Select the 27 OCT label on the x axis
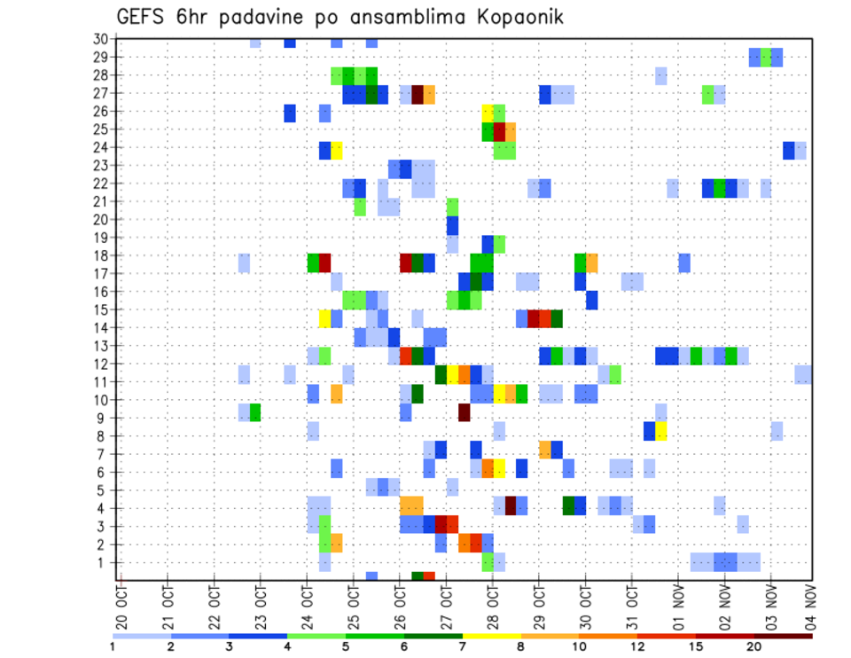[446, 603]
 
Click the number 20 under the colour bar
[754, 646]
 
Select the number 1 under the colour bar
[113, 646]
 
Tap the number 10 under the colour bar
[580, 646]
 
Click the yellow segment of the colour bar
[492, 636]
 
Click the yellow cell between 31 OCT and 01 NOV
[661, 431]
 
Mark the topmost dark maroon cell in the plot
[418, 94]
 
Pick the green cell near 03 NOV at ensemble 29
[766, 57]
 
